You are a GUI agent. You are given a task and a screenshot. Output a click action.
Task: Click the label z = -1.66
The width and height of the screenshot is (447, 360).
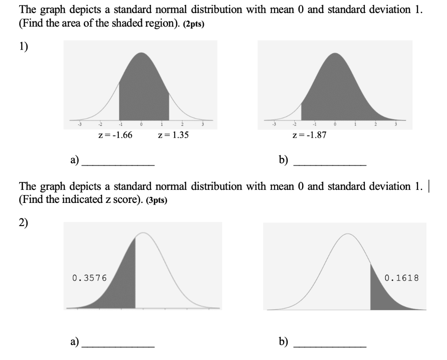point(116,135)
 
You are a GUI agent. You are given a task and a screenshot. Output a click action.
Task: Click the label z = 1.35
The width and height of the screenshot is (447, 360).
point(173,135)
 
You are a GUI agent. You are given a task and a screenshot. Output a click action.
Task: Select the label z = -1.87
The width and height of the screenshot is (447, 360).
point(309,135)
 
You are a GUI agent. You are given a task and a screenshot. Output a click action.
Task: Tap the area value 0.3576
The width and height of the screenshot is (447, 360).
point(89,278)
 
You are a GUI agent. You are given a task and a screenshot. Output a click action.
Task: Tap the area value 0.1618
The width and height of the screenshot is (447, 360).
point(402,277)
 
